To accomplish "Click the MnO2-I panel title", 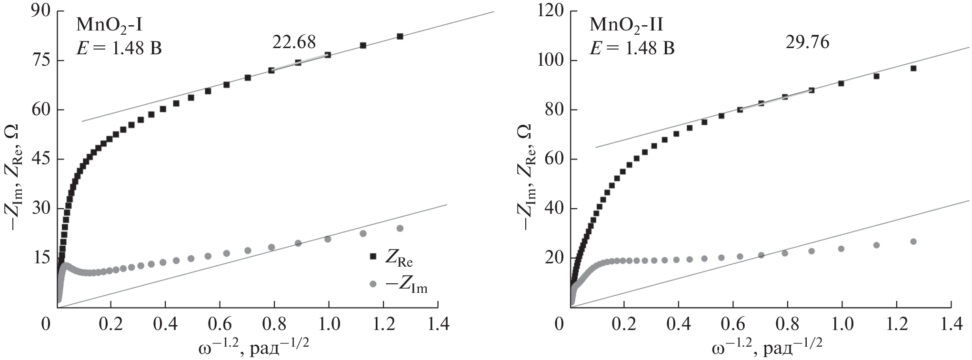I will point(106,24).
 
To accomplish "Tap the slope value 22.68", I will point(294,42).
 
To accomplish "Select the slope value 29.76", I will point(807,42).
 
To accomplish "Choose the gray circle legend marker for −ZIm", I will point(373,284).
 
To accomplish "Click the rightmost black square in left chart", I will point(400,37).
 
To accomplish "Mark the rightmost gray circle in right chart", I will point(913,241).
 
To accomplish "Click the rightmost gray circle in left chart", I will point(400,228).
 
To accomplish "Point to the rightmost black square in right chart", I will point(913,68).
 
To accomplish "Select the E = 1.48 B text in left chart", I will point(119,48).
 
